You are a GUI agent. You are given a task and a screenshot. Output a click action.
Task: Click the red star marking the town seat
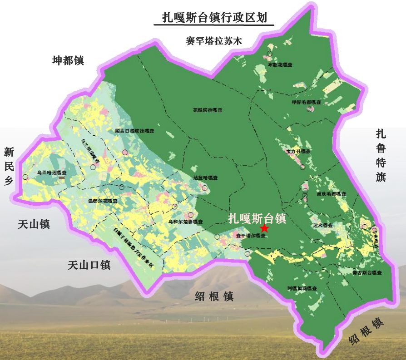pyautogui.click(x=264, y=228)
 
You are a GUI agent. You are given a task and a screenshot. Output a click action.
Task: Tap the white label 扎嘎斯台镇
pyautogui.click(x=257, y=218)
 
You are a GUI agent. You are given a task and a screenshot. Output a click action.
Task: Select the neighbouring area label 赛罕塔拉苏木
pyautogui.click(x=214, y=40)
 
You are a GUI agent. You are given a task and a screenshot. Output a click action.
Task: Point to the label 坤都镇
pyautogui.click(x=68, y=61)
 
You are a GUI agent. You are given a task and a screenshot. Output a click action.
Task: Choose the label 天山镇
pyautogui.click(x=34, y=224)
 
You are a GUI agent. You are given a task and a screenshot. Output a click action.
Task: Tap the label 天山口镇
pyautogui.click(x=89, y=265)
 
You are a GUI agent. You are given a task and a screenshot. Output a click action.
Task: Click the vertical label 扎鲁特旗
pyautogui.click(x=381, y=155)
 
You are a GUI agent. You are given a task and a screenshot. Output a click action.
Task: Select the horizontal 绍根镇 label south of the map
pyautogui.click(x=214, y=297)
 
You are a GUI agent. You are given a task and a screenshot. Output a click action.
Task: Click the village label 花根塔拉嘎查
pyautogui.click(x=208, y=110)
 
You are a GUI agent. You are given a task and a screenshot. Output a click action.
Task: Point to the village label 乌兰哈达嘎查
pyautogui.click(x=52, y=173)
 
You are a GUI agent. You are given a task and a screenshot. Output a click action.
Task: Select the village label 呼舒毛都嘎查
pyautogui.click(x=307, y=103)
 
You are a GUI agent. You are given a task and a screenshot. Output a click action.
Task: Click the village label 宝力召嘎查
pyautogui.click(x=298, y=151)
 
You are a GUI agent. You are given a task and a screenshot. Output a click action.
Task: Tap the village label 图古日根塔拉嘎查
pyautogui.click(x=135, y=131)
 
